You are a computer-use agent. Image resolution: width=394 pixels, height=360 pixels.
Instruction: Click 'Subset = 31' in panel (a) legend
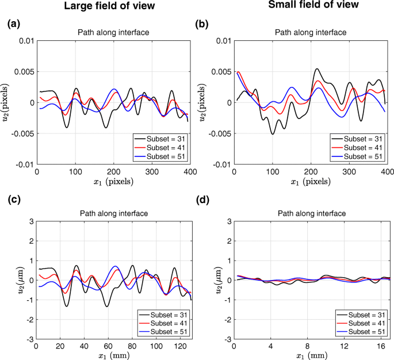[166, 139]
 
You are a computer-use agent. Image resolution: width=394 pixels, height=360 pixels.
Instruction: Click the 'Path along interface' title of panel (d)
[311, 213]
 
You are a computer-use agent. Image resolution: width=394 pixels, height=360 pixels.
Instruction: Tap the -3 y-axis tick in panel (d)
[227, 339]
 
